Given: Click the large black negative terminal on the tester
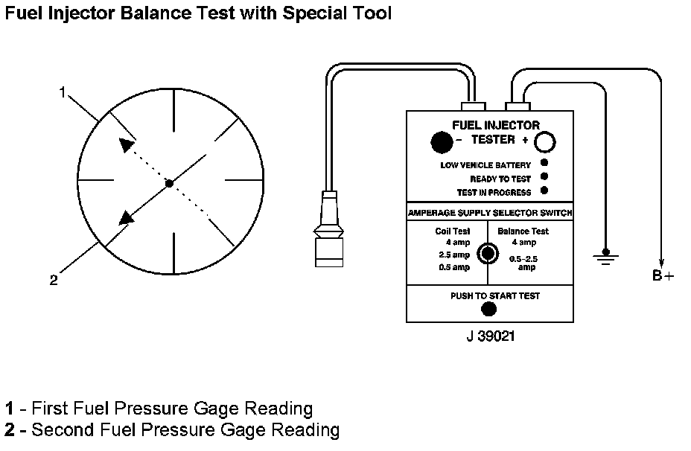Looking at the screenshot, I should coord(442,141).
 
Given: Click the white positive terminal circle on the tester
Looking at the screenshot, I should coord(547,141).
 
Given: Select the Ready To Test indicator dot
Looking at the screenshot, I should coord(544,177).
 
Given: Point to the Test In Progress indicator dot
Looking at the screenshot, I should coord(544,191).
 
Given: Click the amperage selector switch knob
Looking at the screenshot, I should coord(488,254).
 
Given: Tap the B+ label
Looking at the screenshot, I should coord(663,276).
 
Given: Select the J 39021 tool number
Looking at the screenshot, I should coord(489,336).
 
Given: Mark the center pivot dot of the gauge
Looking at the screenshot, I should coord(170,182).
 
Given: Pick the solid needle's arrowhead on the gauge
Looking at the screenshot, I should coord(126,217).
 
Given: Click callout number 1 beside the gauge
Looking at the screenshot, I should coord(63,92).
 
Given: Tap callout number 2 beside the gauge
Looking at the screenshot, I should coord(54,280).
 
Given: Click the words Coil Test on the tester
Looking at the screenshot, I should coord(453,231).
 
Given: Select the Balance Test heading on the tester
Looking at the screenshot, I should coord(523,231).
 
